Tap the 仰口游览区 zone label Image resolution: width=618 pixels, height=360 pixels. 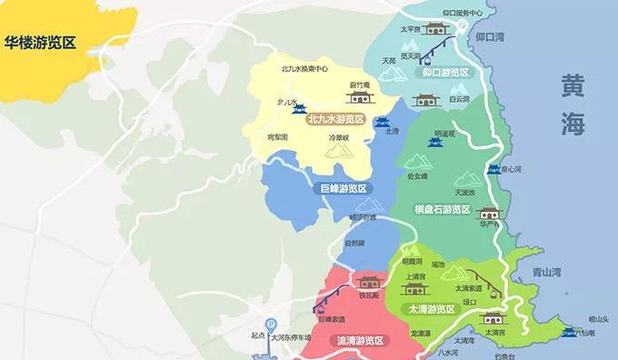(x=444, y=72)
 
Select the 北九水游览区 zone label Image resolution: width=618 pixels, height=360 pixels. (x=335, y=118)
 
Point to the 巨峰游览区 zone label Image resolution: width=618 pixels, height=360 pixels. (x=343, y=188)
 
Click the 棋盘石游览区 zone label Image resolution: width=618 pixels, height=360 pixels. (x=443, y=210)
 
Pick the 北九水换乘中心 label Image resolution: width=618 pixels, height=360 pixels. (x=304, y=68)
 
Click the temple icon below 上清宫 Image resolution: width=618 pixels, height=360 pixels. (x=414, y=290)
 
